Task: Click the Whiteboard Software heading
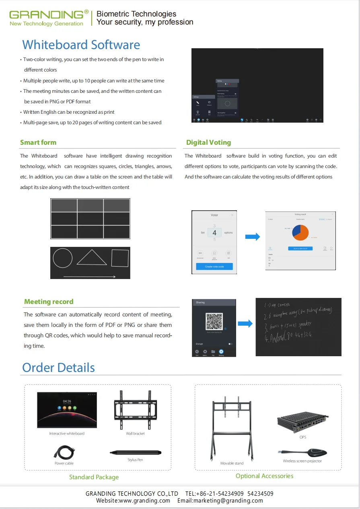81,45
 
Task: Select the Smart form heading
38,142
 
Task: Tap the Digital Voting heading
208,142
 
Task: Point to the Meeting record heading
49,302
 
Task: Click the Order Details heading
58,367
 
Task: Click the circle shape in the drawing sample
62,258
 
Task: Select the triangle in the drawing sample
92,258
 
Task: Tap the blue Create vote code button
214,267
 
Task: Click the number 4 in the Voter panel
214,233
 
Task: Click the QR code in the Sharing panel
214,321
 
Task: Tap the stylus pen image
136,453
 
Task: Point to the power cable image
64,452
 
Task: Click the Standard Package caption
94,477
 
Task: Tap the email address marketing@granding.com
220,501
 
